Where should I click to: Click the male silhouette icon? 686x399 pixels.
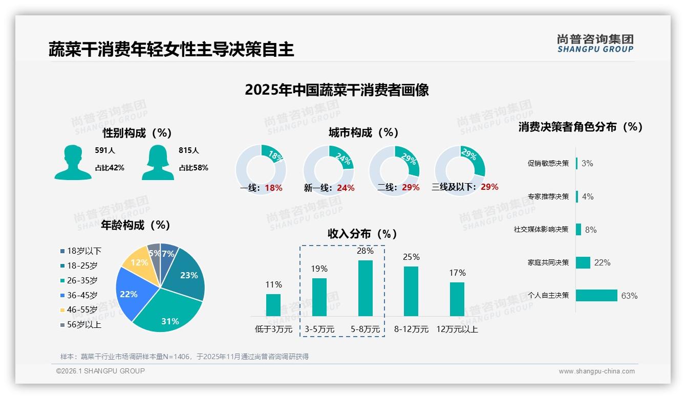(73, 162)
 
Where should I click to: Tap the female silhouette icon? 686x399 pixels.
(158, 162)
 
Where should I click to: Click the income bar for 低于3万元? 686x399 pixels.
(273, 305)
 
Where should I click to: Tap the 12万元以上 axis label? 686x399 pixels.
(457, 329)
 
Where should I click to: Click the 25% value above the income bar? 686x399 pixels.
(411, 257)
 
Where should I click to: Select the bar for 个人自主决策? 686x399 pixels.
(596, 296)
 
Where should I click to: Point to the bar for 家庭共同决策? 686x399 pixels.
(583, 262)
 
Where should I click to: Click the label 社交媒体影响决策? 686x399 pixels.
(541, 230)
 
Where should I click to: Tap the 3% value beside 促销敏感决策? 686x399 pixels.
(587, 163)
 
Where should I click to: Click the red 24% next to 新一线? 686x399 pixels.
(346, 188)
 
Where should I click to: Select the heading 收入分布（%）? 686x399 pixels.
(362, 234)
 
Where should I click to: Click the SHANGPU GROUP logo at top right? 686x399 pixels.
(595, 43)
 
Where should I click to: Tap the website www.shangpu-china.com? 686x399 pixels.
(596, 371)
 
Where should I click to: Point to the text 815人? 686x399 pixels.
(189, 151)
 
